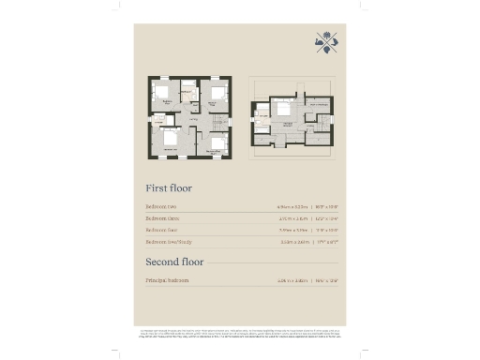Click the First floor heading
pos(169,186)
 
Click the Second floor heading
pos(175,261)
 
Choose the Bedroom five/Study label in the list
pos(172,241)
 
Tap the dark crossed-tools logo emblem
pos(325,43)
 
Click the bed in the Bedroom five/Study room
pos(170,137)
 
